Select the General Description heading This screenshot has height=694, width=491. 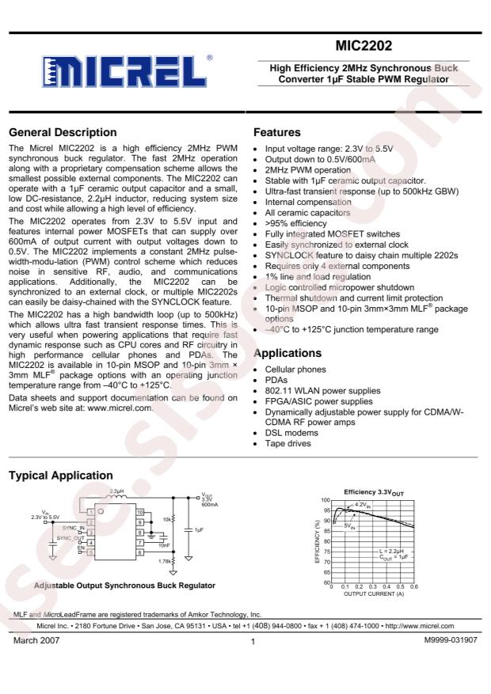click(61, 132)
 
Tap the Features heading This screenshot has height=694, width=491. click(276, 132)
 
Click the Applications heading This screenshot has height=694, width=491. click(287, 353)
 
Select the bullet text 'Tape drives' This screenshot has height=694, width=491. click(287, 443)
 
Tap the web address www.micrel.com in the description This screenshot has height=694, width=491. click(118, 408)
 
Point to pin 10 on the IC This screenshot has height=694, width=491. click(139, 513)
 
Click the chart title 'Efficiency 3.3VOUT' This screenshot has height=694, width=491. click(375, 492)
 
